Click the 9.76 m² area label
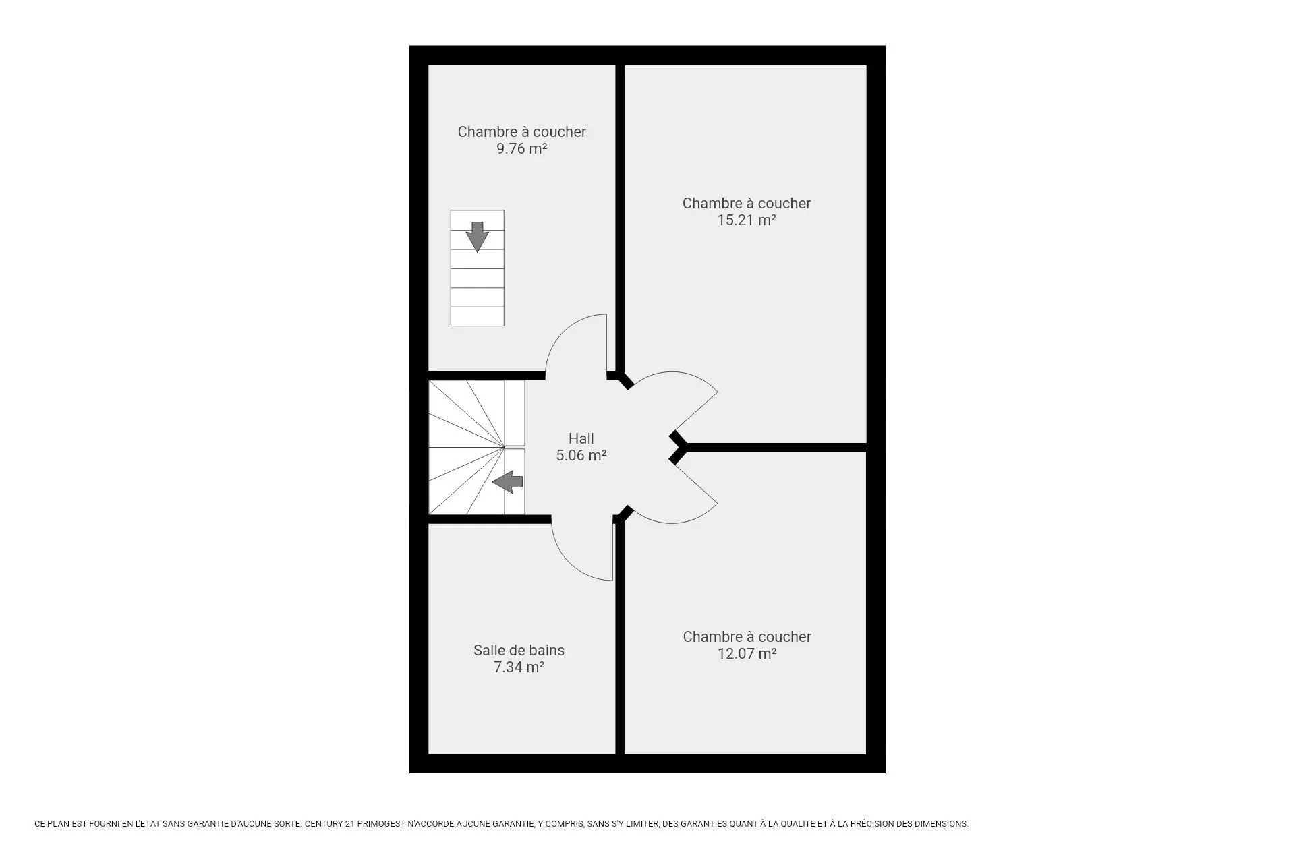point(521,148)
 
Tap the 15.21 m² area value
point(746,220)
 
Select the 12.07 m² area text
point(747,653)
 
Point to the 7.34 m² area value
point(519,667)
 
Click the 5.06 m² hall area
point(581,455)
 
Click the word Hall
point(581,438)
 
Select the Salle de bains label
point(519,650)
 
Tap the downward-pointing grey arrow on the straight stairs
point(477,237)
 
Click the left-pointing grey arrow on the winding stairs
point(507,481)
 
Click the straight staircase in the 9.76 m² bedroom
point(477,268)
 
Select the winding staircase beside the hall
point(476,447)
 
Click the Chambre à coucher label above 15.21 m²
point(746,203)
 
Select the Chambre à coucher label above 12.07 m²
point(747,636)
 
